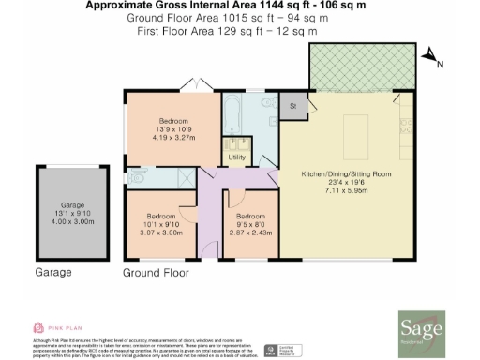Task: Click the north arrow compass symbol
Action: point(430,60)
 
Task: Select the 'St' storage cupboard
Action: point(292,106)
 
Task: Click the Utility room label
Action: point(236,158)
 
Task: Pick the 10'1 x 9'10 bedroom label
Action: point(161,217)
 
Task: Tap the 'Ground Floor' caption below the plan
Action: point(156,273)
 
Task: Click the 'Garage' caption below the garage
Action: point(54,273)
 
